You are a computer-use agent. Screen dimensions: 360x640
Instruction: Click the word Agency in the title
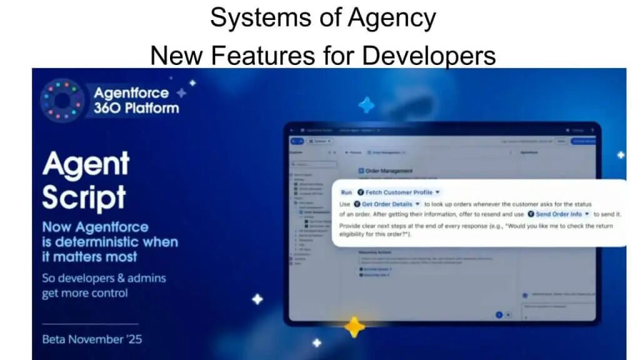pos(392,18)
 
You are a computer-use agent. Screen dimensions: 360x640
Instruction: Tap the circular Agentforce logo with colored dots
pos(62,100)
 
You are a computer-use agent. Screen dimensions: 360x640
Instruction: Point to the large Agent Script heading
pos(85,181)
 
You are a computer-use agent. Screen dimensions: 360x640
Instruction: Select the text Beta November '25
pos(92,340)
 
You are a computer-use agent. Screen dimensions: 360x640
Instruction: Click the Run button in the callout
pos(346,192)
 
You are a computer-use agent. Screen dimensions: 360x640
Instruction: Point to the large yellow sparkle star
pos(354,326)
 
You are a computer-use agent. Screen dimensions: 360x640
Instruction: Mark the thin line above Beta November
pos(90,324)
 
